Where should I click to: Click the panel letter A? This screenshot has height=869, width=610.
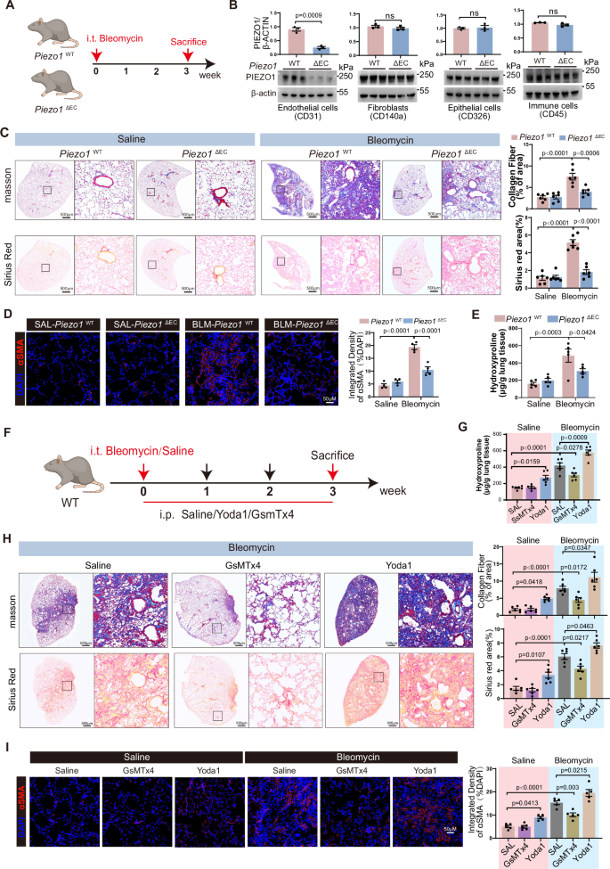[x=8, y=8]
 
